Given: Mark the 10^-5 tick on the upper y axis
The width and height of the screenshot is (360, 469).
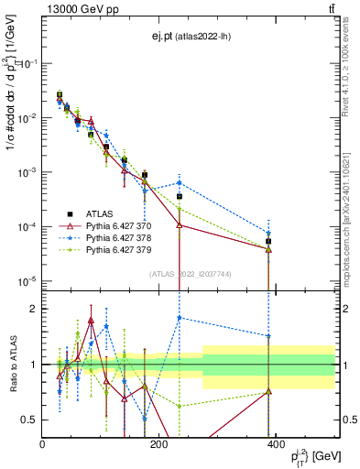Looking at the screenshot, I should [27, 280].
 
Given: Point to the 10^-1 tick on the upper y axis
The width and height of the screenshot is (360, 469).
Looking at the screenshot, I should [27, 63].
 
